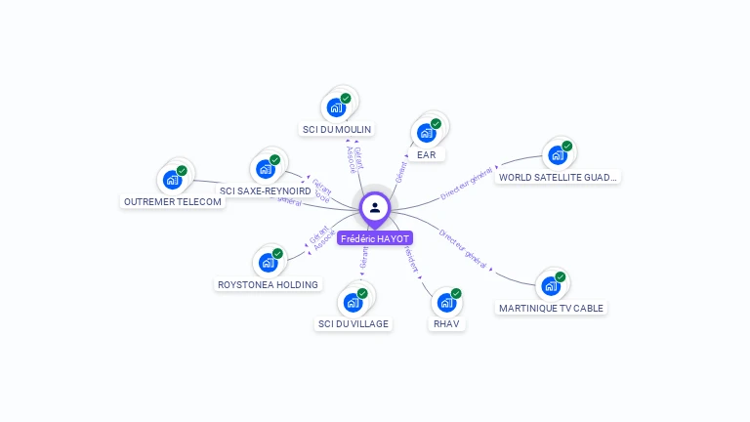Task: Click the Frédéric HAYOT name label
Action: click(375, 238)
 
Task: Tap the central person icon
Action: click(375, 207)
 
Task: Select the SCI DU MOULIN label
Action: click(337, 129)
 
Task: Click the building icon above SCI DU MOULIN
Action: click(337, 105)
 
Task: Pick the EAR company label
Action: click(426, 154)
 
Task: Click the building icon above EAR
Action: click(427, 132)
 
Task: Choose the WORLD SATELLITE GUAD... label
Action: click(558, 177)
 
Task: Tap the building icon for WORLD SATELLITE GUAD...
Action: click(558, 153)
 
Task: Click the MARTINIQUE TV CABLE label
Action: click(552, 308)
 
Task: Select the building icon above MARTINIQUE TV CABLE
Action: click(552, 285)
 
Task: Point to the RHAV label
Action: click(446, 323)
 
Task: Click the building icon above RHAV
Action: click(446, 301)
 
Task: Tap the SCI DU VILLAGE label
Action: click(354, 323)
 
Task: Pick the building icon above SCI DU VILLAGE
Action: click(354, 301)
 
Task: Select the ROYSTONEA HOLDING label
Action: click(268, 284)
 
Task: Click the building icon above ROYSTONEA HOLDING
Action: click(268, 262)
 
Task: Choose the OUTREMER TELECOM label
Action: click(173, 201)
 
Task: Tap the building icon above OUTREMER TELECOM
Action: click(173, 179)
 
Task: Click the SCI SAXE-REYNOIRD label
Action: click(266, 190)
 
